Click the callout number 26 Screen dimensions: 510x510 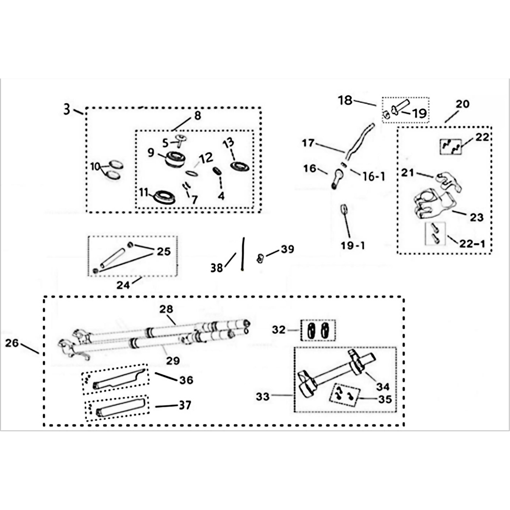pos(12,343)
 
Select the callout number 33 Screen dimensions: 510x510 pos(263,397)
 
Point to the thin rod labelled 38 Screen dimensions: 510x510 pos(243,253)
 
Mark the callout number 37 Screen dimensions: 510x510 pos(184,405)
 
